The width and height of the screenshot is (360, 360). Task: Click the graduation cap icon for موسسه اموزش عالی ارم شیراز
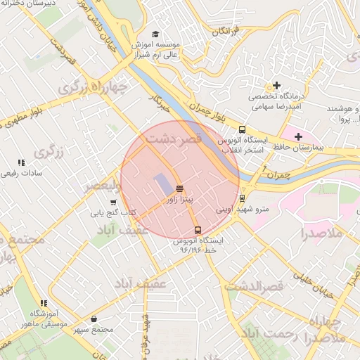[155, 33]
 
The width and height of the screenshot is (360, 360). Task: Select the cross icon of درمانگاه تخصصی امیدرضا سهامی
[277, 85]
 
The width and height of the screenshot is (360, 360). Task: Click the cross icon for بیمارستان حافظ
[298, 136]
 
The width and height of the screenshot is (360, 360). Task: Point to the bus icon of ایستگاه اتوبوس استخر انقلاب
[242, 129]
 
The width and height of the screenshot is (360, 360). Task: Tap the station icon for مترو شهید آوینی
[242, 198]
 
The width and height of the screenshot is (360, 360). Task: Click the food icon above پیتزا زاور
[180, 188]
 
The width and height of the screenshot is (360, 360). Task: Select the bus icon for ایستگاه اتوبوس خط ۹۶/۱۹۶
[198, 229]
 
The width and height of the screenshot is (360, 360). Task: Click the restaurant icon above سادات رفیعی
[21, 162]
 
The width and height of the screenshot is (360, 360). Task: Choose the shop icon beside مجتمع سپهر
[94, 319]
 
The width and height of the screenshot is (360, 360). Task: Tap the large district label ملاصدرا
[323, 233]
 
